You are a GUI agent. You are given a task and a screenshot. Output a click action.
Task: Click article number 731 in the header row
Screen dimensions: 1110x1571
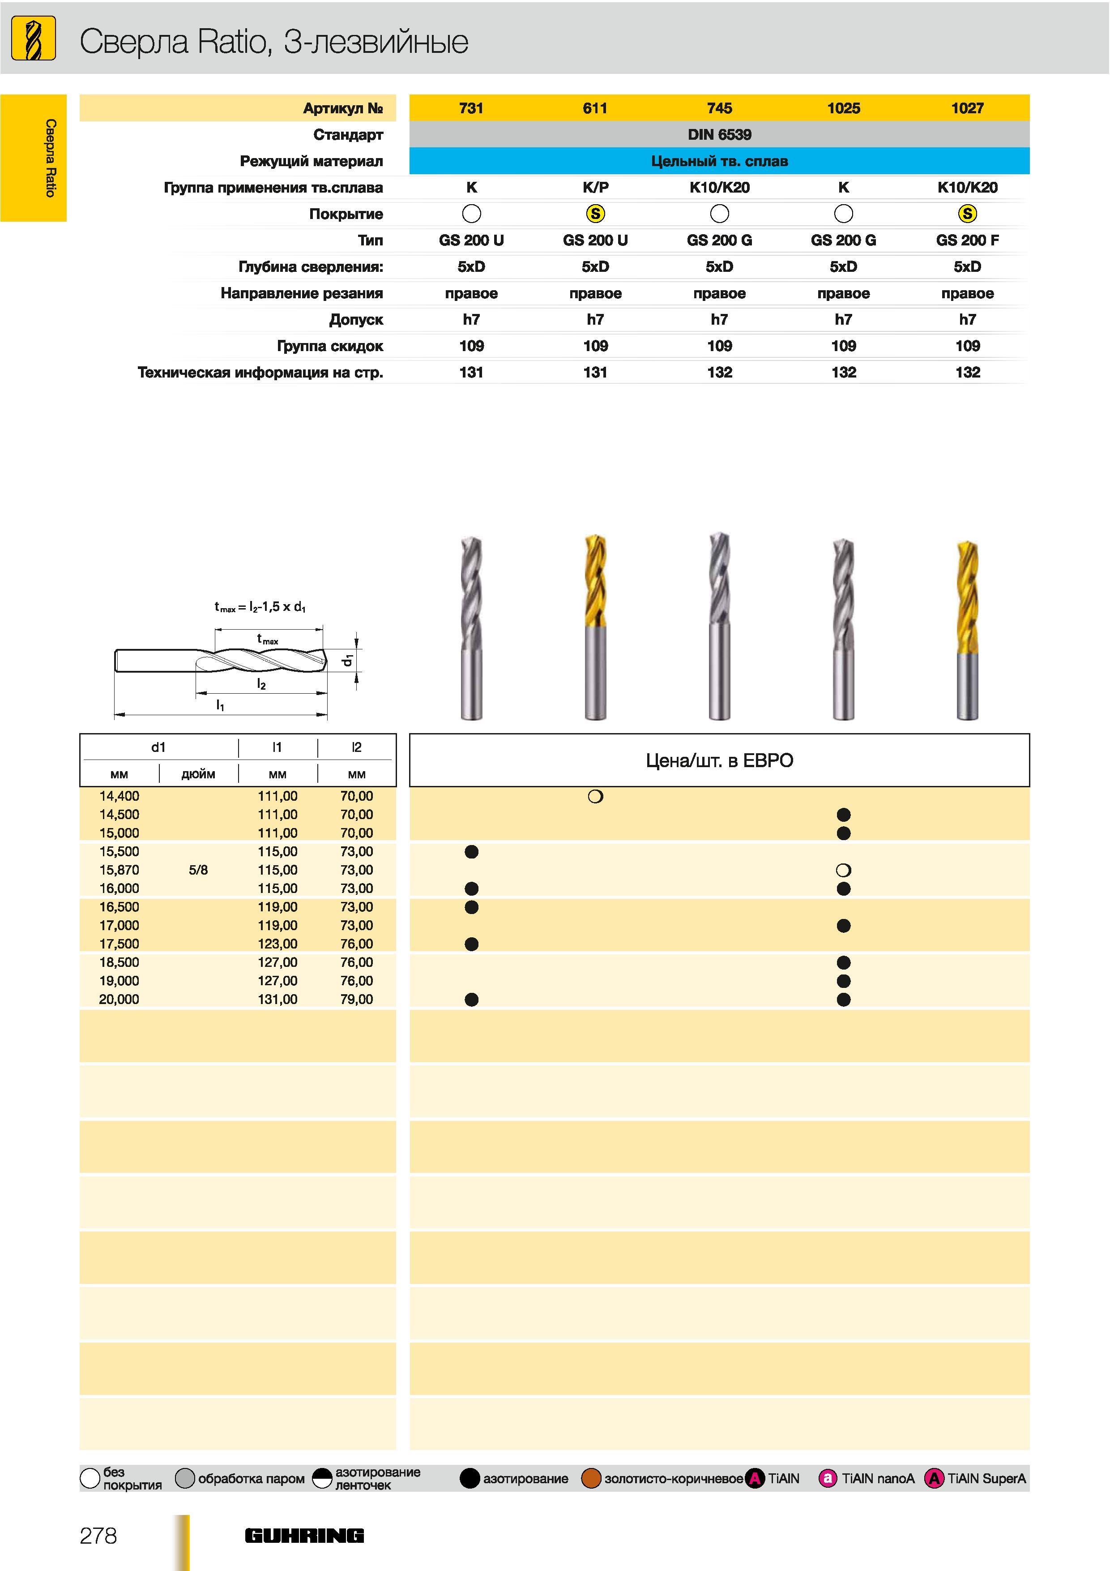471,108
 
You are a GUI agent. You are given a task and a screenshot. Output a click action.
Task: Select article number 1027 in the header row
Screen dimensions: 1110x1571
967,108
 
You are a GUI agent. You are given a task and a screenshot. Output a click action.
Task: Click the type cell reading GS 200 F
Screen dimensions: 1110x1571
967,240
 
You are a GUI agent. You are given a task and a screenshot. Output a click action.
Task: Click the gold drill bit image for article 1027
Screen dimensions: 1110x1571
968,630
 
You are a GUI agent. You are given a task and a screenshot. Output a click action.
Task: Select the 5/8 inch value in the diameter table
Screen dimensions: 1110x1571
198,870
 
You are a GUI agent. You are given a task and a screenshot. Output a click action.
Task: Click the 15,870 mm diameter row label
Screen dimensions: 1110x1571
119,870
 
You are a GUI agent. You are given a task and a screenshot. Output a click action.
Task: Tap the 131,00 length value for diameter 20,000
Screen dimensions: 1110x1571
277,999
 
